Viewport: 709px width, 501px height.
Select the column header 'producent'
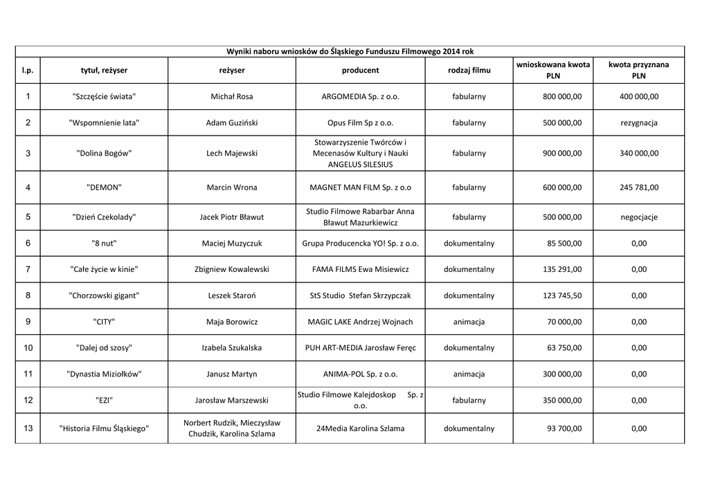(x=360, y=71)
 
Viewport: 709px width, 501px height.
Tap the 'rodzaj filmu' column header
(x=469, y=71)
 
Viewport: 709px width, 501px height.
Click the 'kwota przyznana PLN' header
(x=638, y=70)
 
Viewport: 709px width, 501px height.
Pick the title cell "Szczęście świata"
(x=104, y=96)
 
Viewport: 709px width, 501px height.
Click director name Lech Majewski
(x=231, y=153)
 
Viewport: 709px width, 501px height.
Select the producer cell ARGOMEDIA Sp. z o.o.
(x=361, y=96)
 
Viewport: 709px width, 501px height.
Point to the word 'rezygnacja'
(x=638, y=122)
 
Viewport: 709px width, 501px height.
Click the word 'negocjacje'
(x=638, y=217)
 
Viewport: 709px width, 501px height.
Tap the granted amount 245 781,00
(x=638, y=187)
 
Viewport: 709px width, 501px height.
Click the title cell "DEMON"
(x=104, y=187)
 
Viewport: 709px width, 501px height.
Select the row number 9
(x=28, y=322)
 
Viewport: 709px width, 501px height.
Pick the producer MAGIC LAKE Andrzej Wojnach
(x=360, y=322)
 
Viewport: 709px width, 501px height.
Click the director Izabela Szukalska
(x=231, y=347)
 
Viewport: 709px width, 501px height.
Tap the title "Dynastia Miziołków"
(x=104, y=374)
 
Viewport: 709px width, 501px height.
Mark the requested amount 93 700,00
(x=564, y=428)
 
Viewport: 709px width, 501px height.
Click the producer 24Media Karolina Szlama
(x=360, y=428)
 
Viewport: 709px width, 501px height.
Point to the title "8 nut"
(x=104, y=243)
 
